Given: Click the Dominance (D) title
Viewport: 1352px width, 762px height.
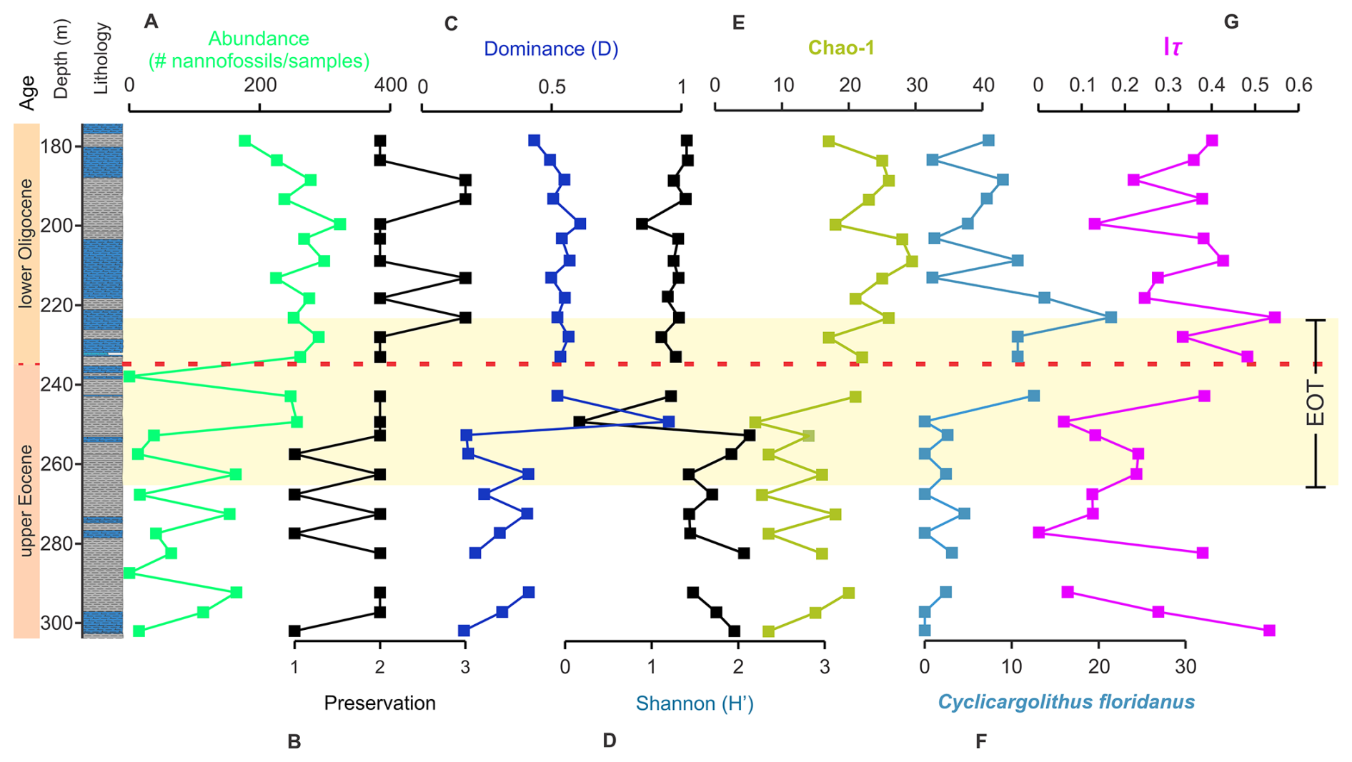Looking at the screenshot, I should pos(551,49).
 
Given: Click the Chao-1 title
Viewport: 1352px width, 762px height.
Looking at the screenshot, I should pos(841,48).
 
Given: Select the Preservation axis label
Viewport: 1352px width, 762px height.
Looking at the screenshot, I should pos(379,703).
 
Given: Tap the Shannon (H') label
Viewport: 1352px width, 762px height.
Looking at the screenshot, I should pos(695,704).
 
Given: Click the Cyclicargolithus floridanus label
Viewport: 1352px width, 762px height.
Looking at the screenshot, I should pos(1066,702).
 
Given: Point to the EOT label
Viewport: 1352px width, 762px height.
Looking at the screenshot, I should pos(1316,403).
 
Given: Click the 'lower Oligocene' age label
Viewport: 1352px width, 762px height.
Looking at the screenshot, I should pos(26,244).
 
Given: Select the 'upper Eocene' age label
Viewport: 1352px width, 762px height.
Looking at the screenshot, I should pos(26,500).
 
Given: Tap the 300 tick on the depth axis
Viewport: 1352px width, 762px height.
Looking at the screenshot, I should pos(58,623).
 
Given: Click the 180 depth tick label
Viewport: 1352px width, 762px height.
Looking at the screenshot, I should pos(58,147).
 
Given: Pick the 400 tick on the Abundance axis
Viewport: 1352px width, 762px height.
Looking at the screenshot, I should pos(391,86).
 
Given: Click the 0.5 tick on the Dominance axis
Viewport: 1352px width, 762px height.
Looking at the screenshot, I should pos(552,87).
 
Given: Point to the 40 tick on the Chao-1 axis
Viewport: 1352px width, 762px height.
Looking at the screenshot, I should pos(983,86).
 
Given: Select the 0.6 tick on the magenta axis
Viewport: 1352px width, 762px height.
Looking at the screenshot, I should pos(1298,86).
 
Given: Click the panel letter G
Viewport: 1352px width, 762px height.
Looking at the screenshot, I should pos(1231,22).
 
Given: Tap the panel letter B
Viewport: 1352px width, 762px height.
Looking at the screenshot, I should pos(294,742).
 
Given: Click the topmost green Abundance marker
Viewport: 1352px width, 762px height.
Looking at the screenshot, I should pos(245,141).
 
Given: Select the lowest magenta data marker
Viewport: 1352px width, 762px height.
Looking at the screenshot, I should pos(1269,631).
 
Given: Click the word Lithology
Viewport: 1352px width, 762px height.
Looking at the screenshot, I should pos(101,59).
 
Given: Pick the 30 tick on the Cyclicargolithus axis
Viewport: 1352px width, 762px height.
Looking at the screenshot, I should pos(1186,667).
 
